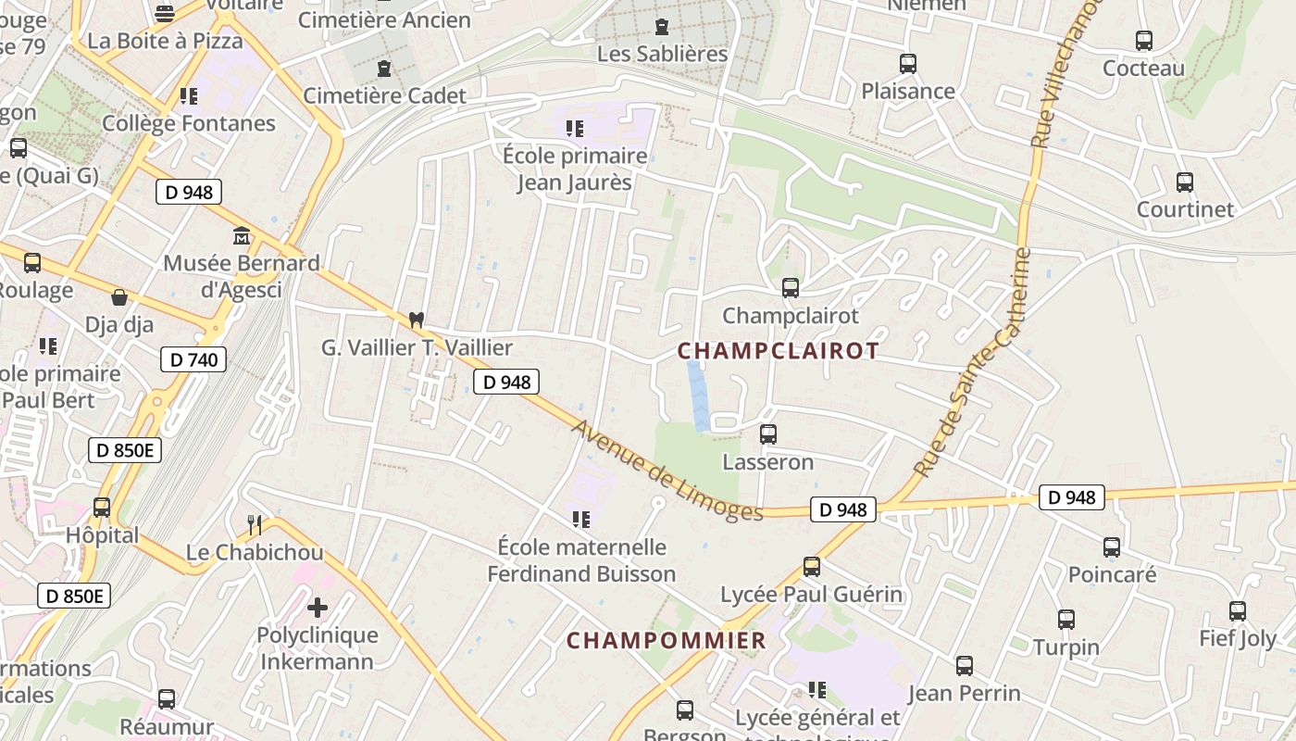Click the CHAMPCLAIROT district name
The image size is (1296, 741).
778,350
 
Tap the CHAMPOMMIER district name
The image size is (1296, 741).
666,640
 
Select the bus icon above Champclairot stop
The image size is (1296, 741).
790,288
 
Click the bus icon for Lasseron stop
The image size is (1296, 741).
767,433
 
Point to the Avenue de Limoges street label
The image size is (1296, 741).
667,471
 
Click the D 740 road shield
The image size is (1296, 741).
193,359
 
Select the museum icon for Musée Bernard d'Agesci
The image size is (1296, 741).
242,235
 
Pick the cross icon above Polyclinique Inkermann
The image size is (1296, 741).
318,608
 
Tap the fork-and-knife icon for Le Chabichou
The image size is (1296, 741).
255,525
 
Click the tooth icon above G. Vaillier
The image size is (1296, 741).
417,320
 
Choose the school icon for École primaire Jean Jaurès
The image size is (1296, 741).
575,128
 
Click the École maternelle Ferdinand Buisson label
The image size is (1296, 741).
581,560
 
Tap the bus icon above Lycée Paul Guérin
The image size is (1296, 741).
811,566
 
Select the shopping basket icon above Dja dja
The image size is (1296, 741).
119,297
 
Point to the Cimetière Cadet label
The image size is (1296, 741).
384,95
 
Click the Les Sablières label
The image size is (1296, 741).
662,54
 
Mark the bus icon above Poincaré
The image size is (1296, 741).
1112,546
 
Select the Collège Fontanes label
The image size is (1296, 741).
189,123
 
